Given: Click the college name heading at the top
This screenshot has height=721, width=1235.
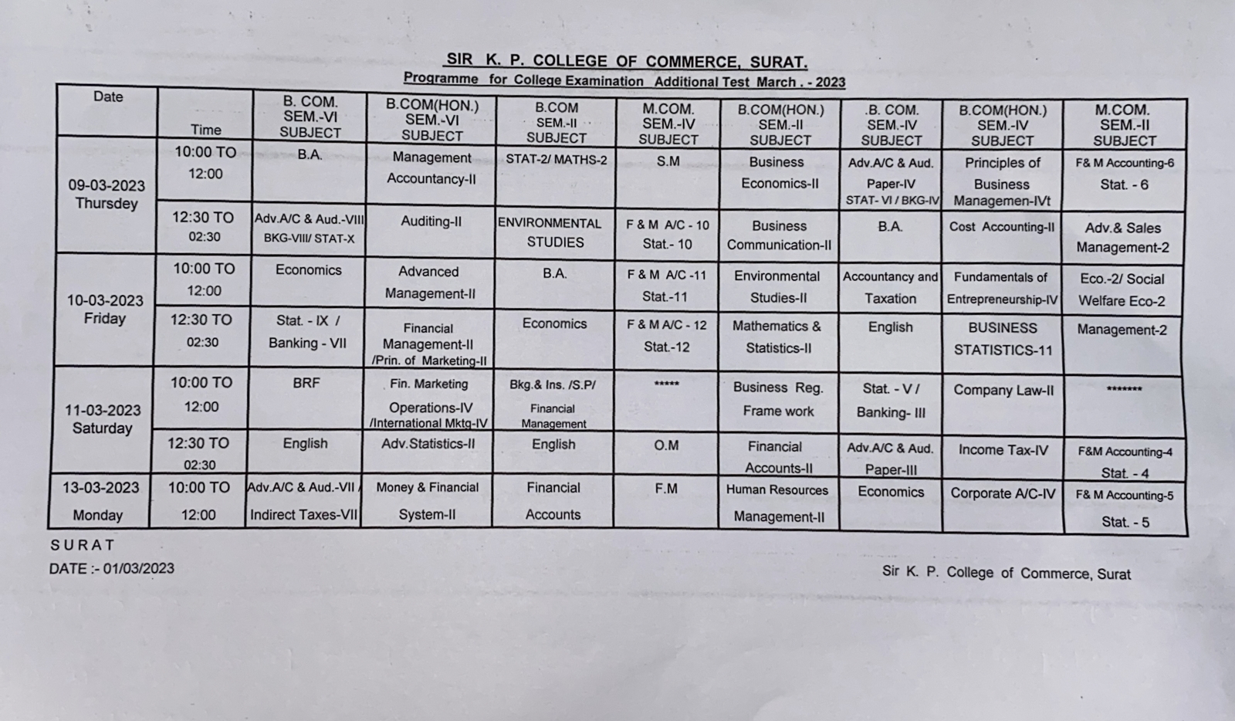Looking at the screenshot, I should pos(626,61).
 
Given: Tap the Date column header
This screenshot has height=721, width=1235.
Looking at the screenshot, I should pos(108,96).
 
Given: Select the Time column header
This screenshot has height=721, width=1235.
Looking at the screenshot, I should pos(205,130).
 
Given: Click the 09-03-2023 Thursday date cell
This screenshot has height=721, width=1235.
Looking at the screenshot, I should pos(107,194).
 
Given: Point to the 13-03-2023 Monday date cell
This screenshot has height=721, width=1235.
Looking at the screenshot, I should pos(100,501).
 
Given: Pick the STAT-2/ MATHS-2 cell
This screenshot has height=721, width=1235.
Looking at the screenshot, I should pos(556,160).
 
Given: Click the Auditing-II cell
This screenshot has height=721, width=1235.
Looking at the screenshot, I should pos(431,222).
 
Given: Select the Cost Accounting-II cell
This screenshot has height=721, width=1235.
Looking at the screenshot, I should pos(1001,227).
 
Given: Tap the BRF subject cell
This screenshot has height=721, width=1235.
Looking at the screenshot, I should pos(306,382).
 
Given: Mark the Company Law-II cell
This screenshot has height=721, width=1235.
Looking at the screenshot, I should pos(1003,391).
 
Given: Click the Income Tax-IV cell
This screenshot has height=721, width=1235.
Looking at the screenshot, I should pos(1003,450).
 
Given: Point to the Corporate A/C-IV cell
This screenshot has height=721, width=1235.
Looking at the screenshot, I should pos(1002,493).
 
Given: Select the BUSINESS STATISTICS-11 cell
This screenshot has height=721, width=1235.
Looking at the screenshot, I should pos(1002,339).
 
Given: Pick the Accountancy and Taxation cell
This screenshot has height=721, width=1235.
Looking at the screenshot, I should pos(890,287).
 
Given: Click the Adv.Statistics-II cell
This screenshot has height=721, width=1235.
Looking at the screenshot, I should pos(428,444).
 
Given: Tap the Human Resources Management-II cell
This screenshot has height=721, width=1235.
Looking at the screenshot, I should pos(777,503).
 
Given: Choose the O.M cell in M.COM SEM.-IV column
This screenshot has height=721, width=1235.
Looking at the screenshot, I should pos(666,445).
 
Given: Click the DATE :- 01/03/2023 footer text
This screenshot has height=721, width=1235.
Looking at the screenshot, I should pos(111,569).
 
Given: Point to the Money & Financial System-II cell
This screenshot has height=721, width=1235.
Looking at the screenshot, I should pos(427,500).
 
